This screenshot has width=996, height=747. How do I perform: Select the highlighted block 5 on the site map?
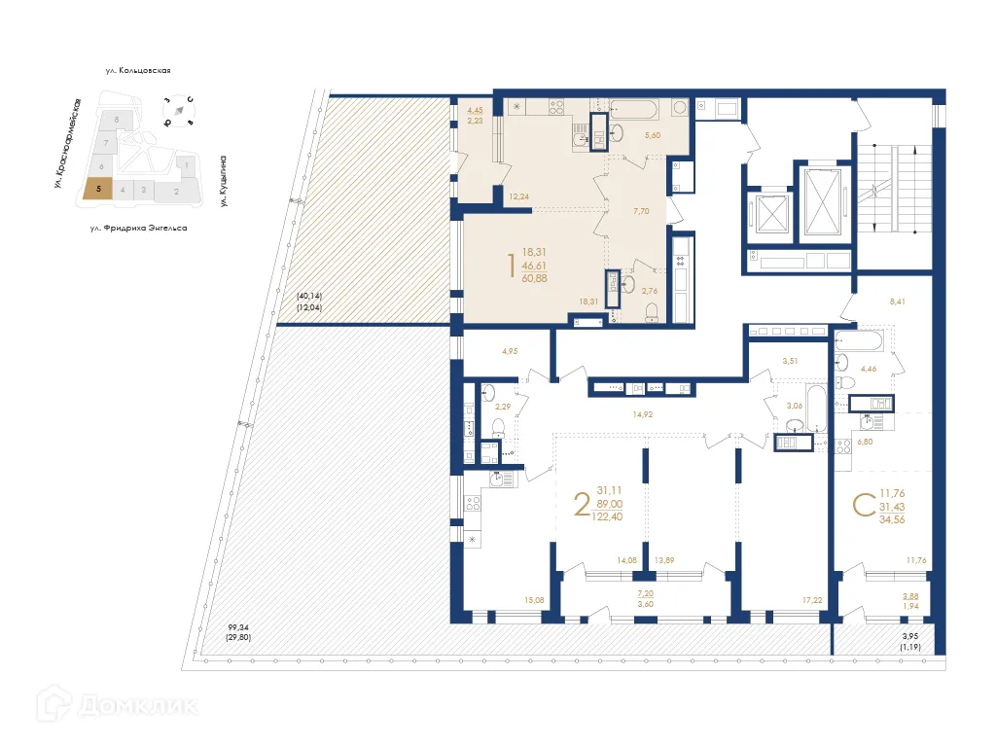pyautogui.click(x=97, y=190)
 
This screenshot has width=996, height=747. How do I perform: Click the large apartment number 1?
pyautogui.click(x=512, y=266)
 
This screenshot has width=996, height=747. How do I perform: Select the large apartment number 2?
pyautogui.click(x=582, y=504)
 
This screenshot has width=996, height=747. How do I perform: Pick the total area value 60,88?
pyautogui.click(x=534, y=279)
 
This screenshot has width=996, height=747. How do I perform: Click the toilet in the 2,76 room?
pyautogui.click(x=653, y=310)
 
